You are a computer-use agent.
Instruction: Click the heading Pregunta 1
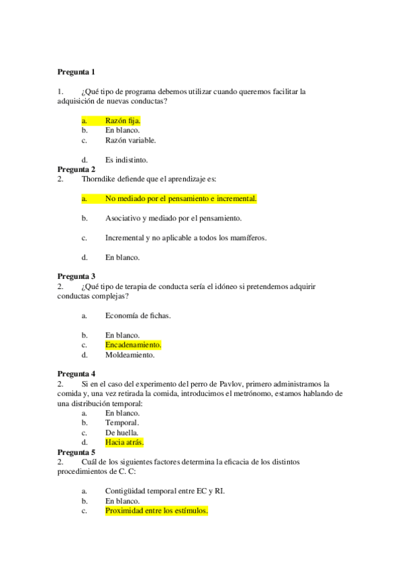coord(77,72)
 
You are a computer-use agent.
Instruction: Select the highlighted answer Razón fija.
coord(122,120)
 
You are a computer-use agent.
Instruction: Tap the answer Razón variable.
coord(130,140)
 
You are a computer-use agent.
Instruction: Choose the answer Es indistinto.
coord(126,160)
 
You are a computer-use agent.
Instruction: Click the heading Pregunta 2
coord(77,169)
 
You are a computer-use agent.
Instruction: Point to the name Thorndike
coord(98,179)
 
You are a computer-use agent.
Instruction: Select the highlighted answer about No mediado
coord(181,199)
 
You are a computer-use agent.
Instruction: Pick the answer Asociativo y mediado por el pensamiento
coord(173,218)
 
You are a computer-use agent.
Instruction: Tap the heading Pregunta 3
coord(77,276)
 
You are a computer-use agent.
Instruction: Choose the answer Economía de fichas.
coord(138,315)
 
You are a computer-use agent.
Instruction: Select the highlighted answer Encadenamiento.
coord(133,345)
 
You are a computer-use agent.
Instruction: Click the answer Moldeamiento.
coord(130,355)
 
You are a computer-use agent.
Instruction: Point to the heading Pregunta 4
coord(77,374)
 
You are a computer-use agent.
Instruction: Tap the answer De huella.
coord(121,433)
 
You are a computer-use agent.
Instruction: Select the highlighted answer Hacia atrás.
coord(124,443)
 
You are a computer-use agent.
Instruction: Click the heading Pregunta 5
coord(77,452)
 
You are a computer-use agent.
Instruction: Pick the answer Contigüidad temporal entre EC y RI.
coord(164,491)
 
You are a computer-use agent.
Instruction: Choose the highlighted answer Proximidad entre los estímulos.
coord(156,511)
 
